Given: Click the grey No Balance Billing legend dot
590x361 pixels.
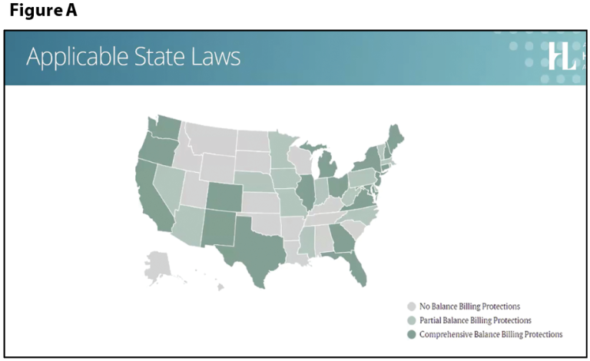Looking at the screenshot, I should (x=411, y=306).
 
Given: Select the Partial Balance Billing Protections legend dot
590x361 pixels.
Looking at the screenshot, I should (x=411, y=320).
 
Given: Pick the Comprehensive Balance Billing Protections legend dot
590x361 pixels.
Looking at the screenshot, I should (x=411, y=334).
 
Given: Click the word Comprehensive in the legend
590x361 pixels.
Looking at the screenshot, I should (x=445, y=334).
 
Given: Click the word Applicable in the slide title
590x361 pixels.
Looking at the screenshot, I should (x=70, y=58).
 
